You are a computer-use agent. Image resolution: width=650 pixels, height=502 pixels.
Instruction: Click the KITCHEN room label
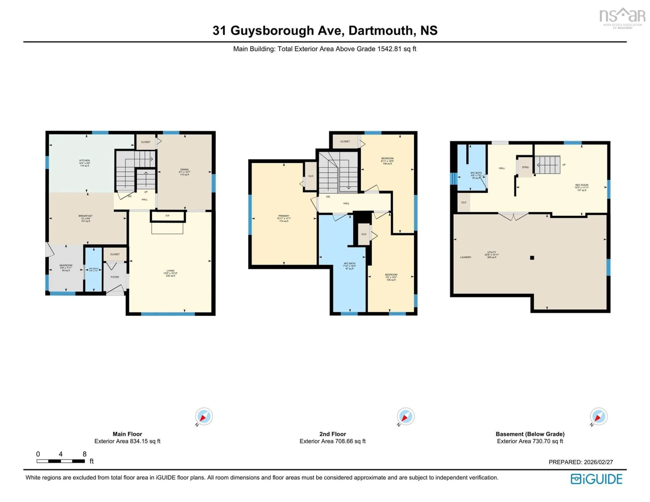(84, 161)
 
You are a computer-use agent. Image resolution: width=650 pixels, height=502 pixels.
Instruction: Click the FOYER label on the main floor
(115, 277)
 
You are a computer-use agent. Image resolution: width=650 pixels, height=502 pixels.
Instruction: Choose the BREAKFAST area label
(85, 216)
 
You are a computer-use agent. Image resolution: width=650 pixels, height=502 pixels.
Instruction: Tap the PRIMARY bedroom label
(284, 216)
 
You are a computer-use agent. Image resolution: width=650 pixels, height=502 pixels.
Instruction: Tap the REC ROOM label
(582, 185)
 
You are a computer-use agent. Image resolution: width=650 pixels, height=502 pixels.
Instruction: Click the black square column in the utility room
(532, 258)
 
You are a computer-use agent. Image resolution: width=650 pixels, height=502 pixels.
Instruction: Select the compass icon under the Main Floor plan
(204, 417)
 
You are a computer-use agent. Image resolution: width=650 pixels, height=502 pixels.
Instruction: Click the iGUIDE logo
(597, 479)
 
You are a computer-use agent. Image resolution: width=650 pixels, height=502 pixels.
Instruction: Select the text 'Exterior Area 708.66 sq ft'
(332, 441)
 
